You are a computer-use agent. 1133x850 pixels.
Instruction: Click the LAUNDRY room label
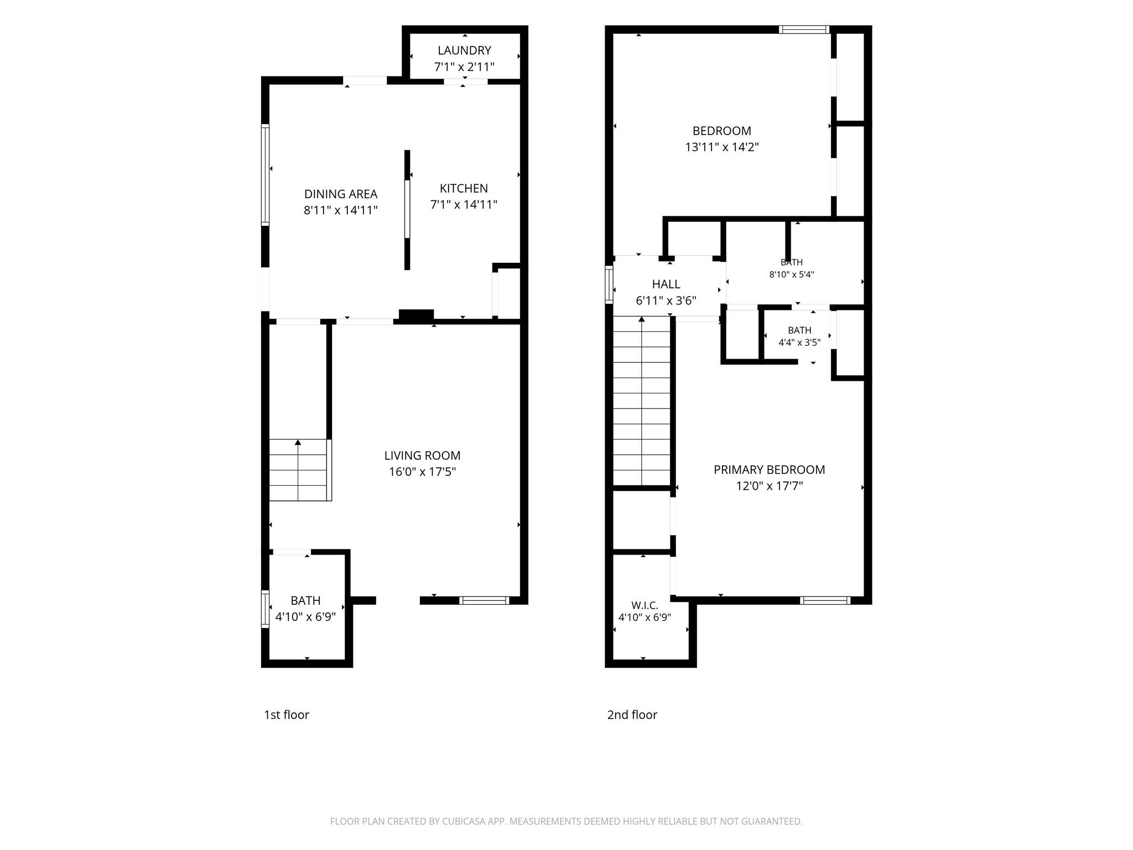(x=464, y=50)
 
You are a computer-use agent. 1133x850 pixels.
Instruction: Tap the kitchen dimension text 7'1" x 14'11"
(x=464, y=205)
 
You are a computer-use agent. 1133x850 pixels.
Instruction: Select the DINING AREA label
(x=341, y=194)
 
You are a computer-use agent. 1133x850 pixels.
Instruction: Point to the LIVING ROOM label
(x=422, y=455)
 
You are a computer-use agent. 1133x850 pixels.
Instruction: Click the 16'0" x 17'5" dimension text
(x=422, y=472)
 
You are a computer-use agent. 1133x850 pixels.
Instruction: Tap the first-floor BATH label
(x=305, y=600)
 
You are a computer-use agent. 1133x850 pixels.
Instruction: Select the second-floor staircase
(x=642, y=401)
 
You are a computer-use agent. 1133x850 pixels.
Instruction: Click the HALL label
(x=666, y=284)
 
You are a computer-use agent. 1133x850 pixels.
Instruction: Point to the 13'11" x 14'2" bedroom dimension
(x=722, y=147)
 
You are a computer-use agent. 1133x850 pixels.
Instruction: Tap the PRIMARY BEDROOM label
(x=769, y=470)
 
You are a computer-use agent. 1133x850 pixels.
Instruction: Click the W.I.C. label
(x=645, y=606)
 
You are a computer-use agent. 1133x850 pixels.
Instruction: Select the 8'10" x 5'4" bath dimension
(x=792, y=274)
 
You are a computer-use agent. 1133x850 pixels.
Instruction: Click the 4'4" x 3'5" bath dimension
(x=799, y=343)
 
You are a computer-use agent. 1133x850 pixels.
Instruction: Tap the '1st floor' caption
(x=287, y=714)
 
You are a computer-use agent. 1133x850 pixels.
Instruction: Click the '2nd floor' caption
(x=632, y=714)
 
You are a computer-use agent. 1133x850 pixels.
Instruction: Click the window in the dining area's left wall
(x=266, y=175)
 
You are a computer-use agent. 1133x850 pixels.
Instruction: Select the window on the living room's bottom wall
(x=484, y=600)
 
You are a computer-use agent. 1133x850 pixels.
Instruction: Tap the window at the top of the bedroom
(x=804, y=29)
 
